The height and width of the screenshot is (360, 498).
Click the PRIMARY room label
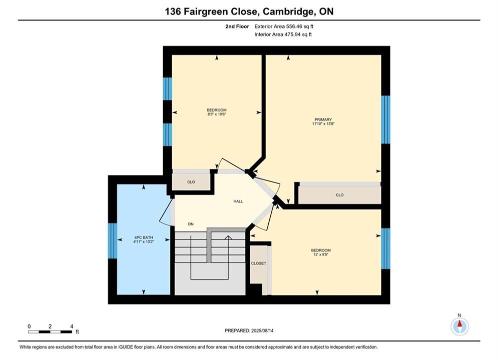(323, 119)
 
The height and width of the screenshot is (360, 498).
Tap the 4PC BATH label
(144, 237)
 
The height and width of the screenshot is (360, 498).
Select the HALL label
(238, 201)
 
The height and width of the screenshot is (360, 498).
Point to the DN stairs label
(191, 224)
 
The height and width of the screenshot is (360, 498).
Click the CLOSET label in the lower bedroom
(259, 263)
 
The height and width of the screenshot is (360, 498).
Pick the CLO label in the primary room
(339, 195)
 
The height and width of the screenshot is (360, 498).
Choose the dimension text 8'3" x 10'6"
(217, 114)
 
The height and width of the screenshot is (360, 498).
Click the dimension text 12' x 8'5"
(321, 254)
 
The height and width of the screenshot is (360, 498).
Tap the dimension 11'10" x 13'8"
(323, 123)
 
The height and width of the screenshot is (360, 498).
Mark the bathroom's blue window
(113, 240)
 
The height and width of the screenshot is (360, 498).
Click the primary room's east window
(385, 119)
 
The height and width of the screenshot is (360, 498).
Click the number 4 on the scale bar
(72, 326)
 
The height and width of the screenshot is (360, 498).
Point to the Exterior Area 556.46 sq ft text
(284, 26)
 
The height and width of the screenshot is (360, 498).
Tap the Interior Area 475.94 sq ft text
(283, 34)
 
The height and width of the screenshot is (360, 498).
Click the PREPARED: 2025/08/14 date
(249, 330)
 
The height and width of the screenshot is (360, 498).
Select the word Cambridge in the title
(288, 11)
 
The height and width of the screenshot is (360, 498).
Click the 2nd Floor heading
(237, 26)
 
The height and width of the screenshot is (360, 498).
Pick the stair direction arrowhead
(228, 237)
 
